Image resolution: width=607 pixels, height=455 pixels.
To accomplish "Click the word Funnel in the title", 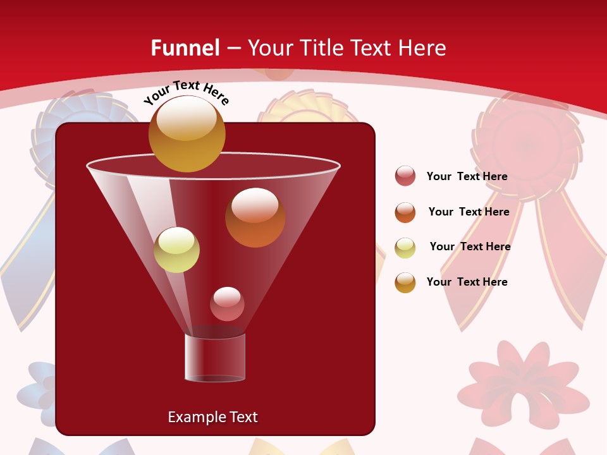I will click(x=185, y=47).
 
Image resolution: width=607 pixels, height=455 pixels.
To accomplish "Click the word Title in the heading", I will click(x=321, y=47).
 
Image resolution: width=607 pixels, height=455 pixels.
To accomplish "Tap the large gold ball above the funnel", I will click(x=187, y=133).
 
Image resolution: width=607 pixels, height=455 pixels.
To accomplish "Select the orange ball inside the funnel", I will click(x=255, y=217).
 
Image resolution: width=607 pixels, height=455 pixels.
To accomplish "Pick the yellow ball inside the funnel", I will click(x=176, y=250).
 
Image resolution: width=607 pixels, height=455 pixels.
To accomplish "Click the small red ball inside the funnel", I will click(x=227, y=304).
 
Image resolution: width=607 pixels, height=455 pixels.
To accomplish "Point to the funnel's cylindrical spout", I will click(x=215, y=358).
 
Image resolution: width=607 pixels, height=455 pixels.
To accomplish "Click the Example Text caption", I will click(x=212, y=417).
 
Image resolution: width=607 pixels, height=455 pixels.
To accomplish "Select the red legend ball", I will click(x=405, y=176).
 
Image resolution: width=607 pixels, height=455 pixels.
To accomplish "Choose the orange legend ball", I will click(x=405, y=212).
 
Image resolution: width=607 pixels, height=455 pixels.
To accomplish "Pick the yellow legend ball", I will click(x=405, y=248).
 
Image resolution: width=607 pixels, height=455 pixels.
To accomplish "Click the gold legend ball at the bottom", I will click(x=405, y=282).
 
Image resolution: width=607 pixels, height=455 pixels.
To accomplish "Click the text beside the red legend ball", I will click(x=467, y=177).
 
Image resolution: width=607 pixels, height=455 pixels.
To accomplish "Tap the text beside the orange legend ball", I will click(x=469, y=212).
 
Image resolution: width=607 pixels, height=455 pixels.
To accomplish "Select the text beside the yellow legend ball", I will click(x=470, y=246).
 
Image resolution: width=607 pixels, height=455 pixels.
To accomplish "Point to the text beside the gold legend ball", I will click(x=467, y=282).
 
